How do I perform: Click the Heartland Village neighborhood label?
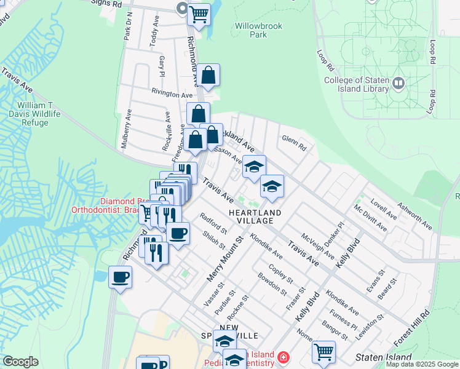[255, 216]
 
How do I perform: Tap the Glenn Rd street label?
[293, 143]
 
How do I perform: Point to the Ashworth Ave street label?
[414, 216]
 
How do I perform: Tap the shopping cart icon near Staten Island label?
[323, 351]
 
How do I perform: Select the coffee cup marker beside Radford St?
[178, 234]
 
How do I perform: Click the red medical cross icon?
[283, 357]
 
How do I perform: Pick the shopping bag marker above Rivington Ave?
[208, 76]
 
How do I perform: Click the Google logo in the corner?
[20, 362]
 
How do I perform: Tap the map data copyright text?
[422, 365]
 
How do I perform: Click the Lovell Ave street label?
[384, 208]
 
